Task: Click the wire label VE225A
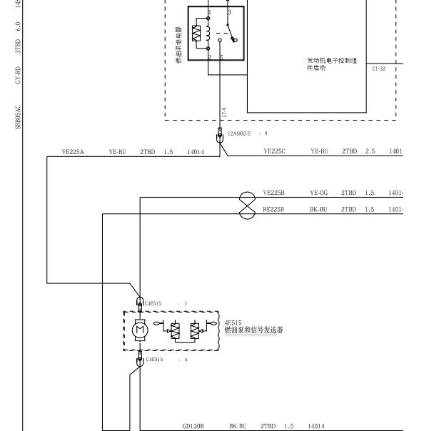click(x=73, y=151)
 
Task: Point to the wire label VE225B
click(x=273, y=193)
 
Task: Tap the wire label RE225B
click(x=273, y=210)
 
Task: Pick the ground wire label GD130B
click(x=193, y=426)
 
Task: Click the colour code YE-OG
click(x=318, y=193)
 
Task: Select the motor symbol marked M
click(x=141, y=330)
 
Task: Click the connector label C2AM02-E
click(x=239, y=133)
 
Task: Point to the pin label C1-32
click(x=378, y=69)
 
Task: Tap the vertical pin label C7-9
click(x=224, y=113)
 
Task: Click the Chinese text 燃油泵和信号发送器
click(x=254, y=330)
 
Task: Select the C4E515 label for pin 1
click(x=153, y=303)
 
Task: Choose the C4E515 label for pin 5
click(x=154, y=360)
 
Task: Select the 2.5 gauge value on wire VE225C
click(x=370, y=151)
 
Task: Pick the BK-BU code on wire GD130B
click(x=237, y=426)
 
